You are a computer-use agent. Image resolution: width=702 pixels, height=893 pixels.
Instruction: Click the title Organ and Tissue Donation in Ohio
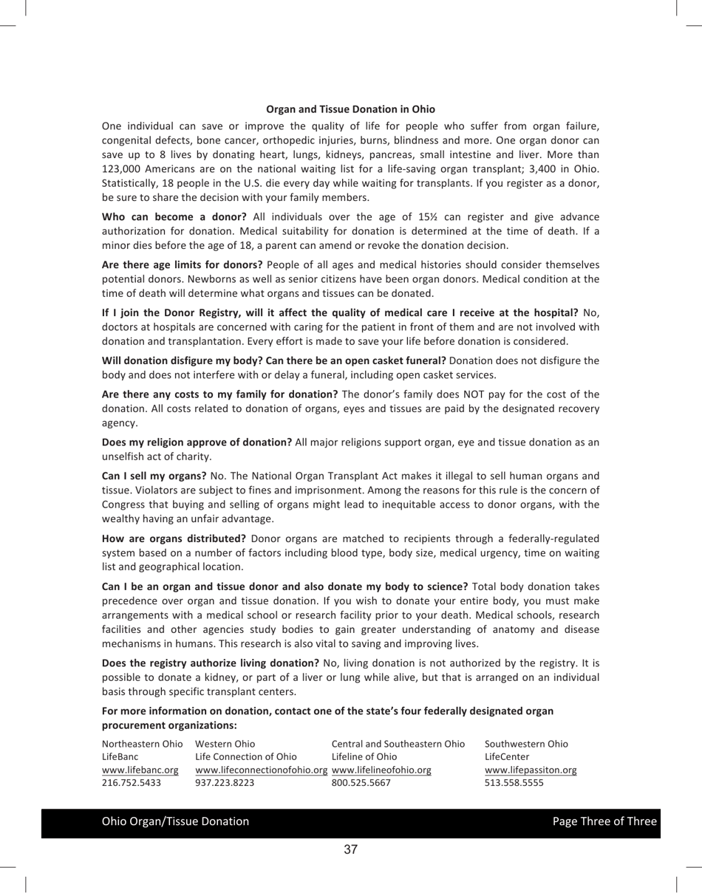click(350, 109)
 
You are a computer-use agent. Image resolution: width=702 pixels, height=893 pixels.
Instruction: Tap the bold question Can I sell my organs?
click(154, 476)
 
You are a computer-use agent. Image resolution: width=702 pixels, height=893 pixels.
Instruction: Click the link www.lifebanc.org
click(140, 770)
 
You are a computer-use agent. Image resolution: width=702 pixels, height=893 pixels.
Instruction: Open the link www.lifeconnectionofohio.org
click(262, 770)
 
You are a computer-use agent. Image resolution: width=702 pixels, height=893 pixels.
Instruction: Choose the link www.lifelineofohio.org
click(381, 770)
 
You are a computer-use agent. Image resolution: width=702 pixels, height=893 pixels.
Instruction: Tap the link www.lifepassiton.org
click(530, 770)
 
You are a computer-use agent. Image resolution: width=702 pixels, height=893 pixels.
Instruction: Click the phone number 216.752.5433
click(131, 783)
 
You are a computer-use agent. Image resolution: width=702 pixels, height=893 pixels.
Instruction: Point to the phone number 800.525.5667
click(361, 783)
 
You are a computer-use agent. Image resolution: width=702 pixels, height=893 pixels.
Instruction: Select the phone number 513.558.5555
click(514, 783)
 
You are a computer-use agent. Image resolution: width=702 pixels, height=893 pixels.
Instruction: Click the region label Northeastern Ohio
click(142, 744)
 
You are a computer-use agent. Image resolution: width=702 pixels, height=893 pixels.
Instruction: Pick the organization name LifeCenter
click(507, 757)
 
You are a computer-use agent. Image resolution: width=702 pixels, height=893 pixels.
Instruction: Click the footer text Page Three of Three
click(604, 821)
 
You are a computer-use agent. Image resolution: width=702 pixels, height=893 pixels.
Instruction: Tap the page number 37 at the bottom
click(351, 849)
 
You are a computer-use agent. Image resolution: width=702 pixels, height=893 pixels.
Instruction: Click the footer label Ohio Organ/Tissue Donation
click(175, 821)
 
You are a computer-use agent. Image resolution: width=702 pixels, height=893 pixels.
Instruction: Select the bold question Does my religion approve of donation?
click(197, 442)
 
